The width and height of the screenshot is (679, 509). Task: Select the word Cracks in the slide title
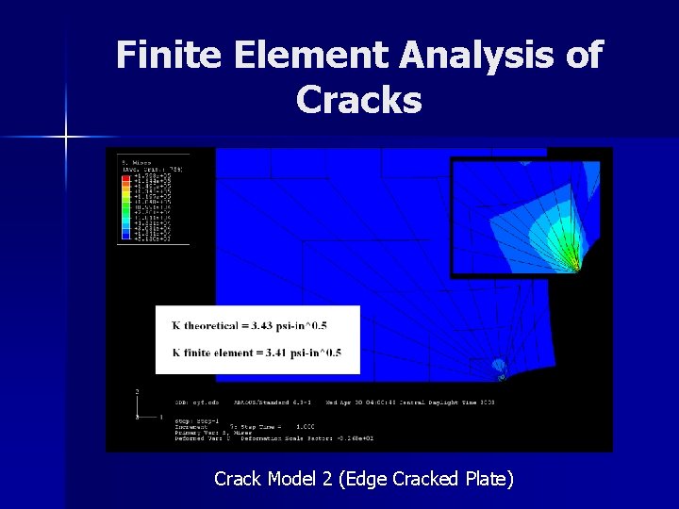358,99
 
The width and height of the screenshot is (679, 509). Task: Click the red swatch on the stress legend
124,176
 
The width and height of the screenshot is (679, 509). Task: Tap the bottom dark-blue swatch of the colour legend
124,239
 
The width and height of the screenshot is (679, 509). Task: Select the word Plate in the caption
488,479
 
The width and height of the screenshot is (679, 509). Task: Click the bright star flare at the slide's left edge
66,138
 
